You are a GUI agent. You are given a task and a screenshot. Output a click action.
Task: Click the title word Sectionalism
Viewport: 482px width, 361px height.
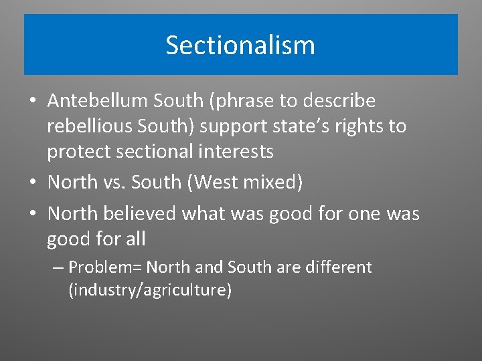pos(240,45)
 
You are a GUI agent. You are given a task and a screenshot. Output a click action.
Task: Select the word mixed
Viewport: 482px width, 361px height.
pos(274,182)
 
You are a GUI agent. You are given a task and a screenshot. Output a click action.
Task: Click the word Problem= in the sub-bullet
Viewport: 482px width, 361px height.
pos(105,267)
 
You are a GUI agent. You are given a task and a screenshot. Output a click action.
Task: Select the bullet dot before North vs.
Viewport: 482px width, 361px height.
pos(32,183)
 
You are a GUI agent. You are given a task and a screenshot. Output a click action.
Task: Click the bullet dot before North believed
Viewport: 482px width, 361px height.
pos(32,215)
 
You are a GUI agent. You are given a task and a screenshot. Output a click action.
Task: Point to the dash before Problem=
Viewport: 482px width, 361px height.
pos(58,267)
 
